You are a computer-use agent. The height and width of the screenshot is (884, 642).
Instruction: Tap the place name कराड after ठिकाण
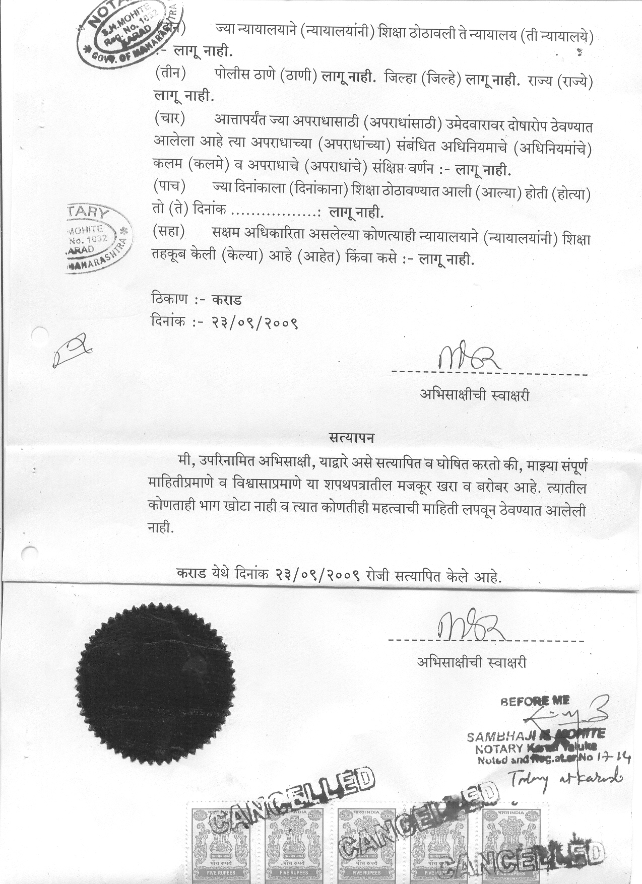coord(227,300)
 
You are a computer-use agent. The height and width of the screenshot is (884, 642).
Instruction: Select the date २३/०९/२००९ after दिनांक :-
coord(255,321)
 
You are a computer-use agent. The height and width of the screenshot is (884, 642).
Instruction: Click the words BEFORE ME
coord(535,701)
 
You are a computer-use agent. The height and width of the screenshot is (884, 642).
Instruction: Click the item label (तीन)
coord(170,74)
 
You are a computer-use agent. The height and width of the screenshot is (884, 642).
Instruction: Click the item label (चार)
coord(170,119)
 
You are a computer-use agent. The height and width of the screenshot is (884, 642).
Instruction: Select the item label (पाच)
coord(170,187)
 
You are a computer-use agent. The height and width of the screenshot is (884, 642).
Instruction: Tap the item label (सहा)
coord(169,232)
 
